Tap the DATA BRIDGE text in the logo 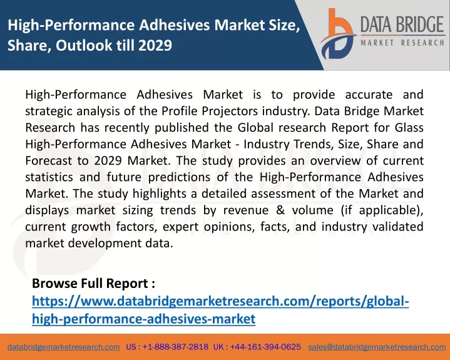tap(402, 24)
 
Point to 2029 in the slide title tap(155, 45)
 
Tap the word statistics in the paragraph tap(49, 177)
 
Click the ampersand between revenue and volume tap(280, 210)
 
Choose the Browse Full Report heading tap(93, 284)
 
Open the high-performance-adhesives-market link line tap(143, 319)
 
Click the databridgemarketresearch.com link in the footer tap(64, 347)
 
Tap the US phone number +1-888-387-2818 tap(175, 347)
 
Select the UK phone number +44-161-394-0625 tap(265, 347)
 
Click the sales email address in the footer tap(377, 347)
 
